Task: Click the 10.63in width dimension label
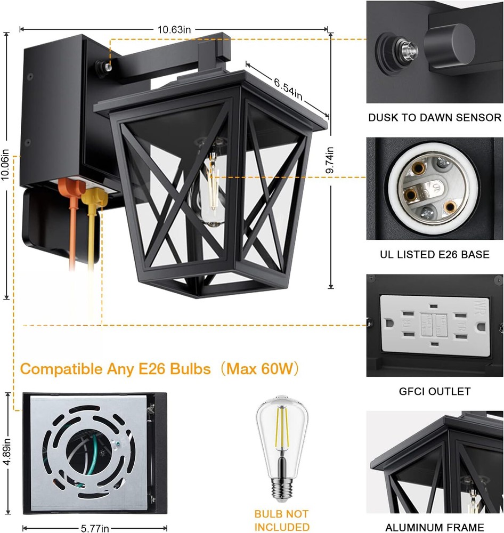174,30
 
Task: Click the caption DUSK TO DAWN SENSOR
435,118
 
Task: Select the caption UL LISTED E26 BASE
435,255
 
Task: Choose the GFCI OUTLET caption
435,391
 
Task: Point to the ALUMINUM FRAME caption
435,527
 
